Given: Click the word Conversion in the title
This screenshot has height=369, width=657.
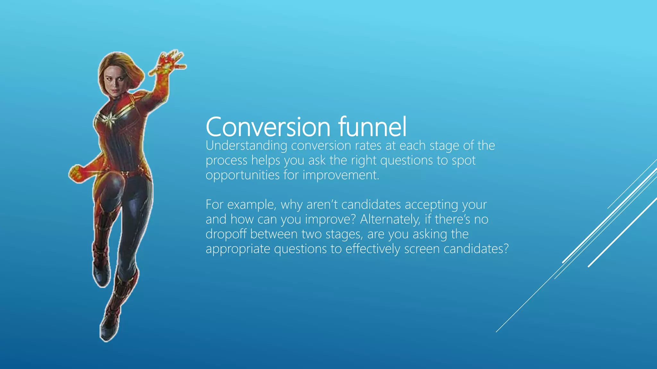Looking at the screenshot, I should click(268, 127).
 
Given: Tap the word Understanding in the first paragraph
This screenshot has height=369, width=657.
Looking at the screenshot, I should click(246, 146).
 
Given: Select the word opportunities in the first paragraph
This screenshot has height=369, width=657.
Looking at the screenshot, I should click(243, 176).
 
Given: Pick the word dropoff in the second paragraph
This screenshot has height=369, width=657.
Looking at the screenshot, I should click(226, 234).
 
